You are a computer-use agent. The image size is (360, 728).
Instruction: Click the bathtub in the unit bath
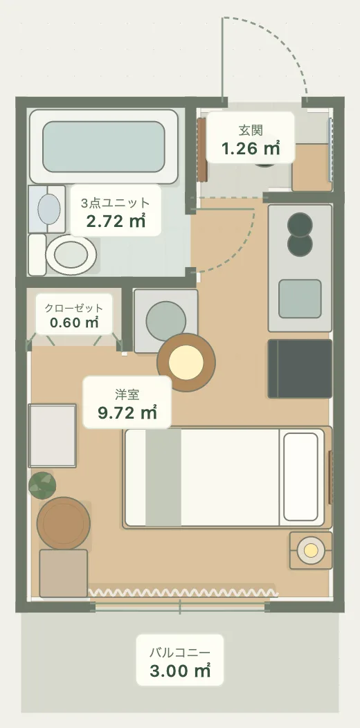(x=104, y=146)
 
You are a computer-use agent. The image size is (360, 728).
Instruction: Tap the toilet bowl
(x=71, y=255)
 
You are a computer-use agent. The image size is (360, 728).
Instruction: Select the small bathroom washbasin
(x=48, y=210)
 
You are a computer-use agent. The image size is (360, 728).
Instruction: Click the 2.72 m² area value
(x=116, y=221)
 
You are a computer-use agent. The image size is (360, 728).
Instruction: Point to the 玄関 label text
(x=251, y=130)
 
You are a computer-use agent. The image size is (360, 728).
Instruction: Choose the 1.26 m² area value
(x=251, y=149)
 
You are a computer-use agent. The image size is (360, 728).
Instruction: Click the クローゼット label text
(x=74, y=308)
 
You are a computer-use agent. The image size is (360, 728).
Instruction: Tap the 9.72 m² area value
(x=127, y=412)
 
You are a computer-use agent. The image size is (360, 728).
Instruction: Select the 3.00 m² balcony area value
(x=180, y=671)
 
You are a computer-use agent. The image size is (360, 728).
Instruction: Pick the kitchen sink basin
(x=300, y=298)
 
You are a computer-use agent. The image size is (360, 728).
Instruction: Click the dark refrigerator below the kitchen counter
(x=300, y=369)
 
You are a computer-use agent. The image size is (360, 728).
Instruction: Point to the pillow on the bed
(x=300, y=477)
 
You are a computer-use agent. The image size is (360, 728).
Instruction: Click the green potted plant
(x=42, y=485)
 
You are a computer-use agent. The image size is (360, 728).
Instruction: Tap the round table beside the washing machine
(x=186, y=363)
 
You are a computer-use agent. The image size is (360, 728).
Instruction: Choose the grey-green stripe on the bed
(x=163, y=477)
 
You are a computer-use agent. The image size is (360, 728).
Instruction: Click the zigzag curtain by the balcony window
(x=183, y=592)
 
